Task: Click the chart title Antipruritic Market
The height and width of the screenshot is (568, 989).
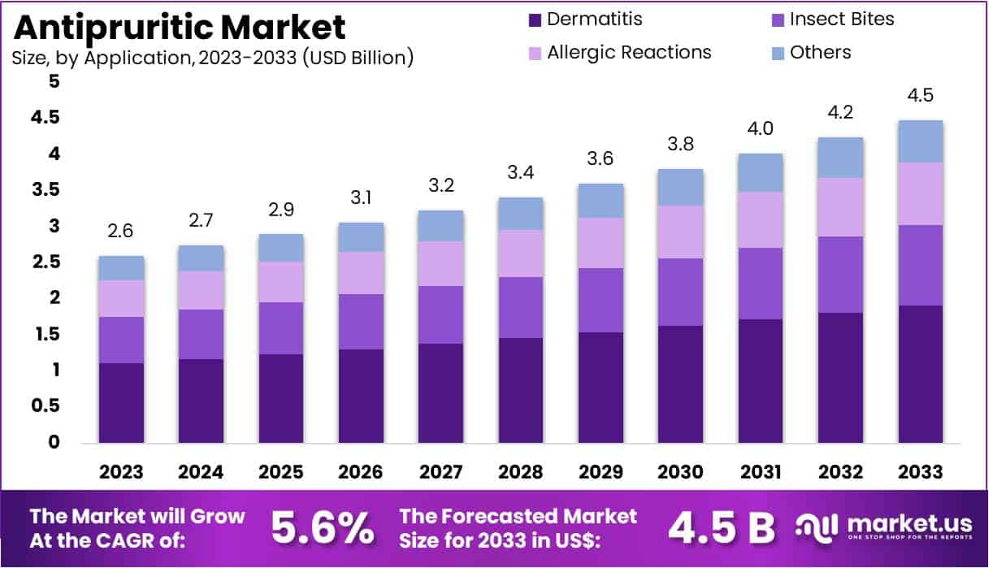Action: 180,28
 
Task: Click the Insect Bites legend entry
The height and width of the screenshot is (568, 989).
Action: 830,19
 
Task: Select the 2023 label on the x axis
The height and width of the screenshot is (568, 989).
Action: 121,472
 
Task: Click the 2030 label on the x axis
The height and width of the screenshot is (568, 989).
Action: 680,472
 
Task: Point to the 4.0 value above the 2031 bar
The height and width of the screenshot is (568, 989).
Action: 760,129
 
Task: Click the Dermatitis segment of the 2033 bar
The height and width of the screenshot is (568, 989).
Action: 920,374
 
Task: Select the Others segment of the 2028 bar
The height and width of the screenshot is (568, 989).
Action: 521,214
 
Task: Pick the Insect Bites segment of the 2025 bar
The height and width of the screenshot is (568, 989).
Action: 281,328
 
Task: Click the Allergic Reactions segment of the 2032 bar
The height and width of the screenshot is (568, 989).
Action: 840,207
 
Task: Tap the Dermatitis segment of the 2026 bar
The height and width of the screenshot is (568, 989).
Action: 361,396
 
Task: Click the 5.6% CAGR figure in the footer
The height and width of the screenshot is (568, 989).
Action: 322,527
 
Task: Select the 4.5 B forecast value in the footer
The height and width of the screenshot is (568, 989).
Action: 721,527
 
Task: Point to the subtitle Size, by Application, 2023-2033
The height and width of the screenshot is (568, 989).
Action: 213,58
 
